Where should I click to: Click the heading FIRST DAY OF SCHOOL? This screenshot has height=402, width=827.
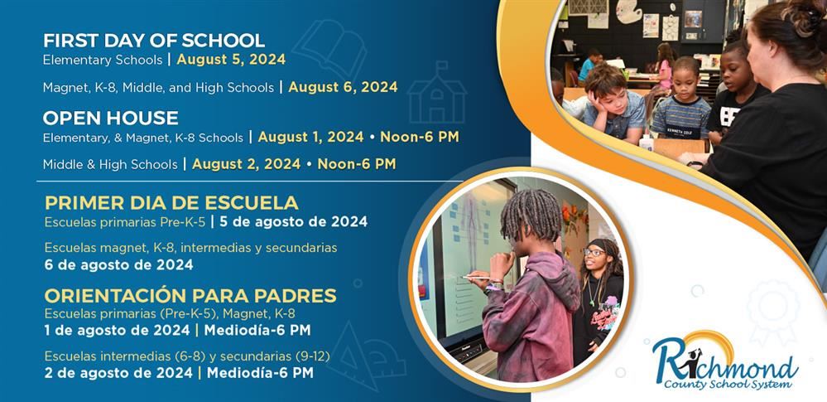pyautogui.click(x=154, y=40)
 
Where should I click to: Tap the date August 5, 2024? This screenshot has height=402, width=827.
pyautogui.click(x=231, y=60)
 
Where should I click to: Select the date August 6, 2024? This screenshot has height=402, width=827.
pyautogui.click(x=343, y=86)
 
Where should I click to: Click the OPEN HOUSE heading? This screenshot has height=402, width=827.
pyautogui.click(x=111, y=117)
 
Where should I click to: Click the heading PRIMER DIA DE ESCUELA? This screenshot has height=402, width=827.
pyautogui.click(x=171, y=203)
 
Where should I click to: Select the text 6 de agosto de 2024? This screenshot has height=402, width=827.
pyautogui.click(x=118, y=265)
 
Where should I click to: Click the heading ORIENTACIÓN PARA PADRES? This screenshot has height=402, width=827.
pyautogui.click(x=190, y=296)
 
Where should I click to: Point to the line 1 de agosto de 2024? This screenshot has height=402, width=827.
pyautogui.click(x=115, y=330)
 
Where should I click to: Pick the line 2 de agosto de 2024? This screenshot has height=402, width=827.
pyautogui.click(x=115, y=372)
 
